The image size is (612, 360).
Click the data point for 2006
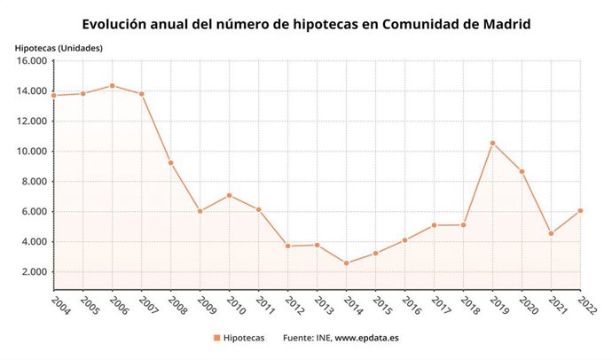point(112,85)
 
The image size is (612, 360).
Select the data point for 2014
point(346,262)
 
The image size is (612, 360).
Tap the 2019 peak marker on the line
point(492,143)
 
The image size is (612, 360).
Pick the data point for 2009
point(200,211)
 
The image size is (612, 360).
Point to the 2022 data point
point(580,210)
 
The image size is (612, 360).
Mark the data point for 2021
point(551,233)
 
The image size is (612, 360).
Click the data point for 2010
point(229,195)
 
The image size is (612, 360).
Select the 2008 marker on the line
point(170,162)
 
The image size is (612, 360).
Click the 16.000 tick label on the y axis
point(29,61)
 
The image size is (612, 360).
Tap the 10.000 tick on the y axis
point(29,152)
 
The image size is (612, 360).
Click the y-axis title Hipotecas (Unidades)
point(59,46)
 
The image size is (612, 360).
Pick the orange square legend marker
point(216,338)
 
